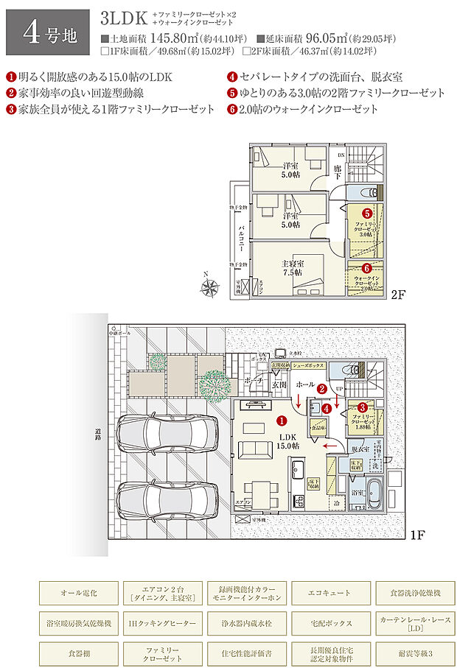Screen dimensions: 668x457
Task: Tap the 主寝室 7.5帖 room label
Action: [x=293, y=267]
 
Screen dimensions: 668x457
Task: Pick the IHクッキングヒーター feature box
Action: [x=162, y=622]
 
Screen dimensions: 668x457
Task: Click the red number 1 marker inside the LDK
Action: [x=281, y=421]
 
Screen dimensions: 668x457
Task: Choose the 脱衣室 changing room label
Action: [x=359, y=448]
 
